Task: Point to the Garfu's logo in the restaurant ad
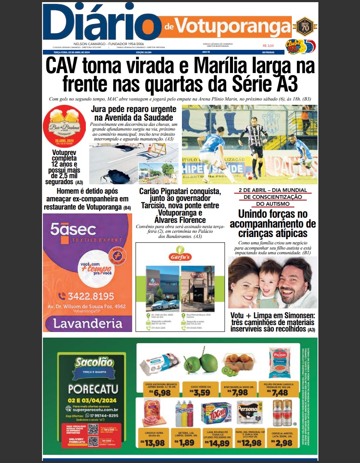click(180, 256)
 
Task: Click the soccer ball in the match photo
click(249, 175)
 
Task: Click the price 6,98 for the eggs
click(162, 393)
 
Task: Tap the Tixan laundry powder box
click(217, 414)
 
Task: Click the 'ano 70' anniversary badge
click(305, 26)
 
